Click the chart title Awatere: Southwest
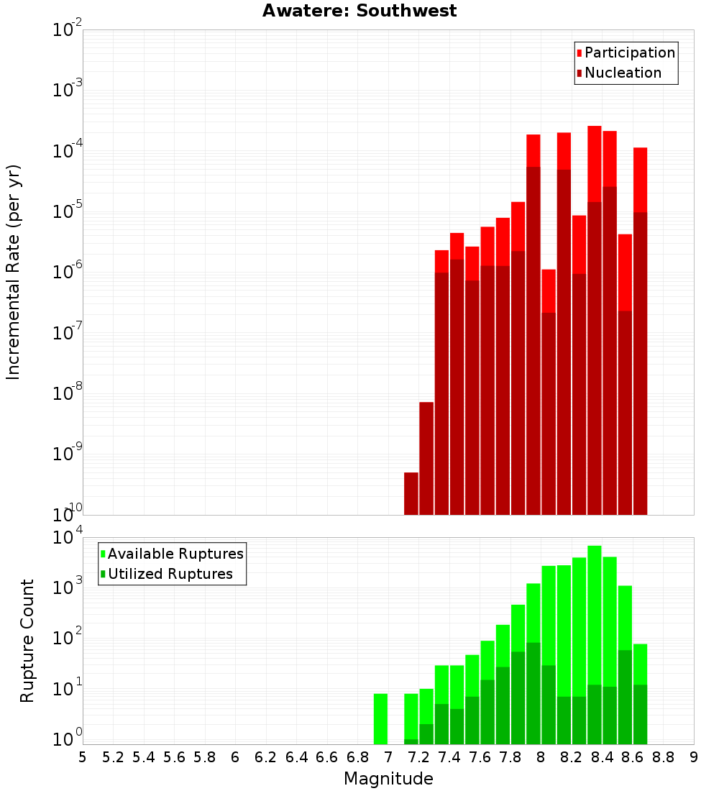(x=359, y=11)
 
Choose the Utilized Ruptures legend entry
(x=170, y=574)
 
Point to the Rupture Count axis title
(x=27, y=640)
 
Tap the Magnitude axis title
(x=388, y=779)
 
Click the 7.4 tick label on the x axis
(x=449, y=757)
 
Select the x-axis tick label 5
(x=83, y=757)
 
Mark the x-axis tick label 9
(x=694, y=757)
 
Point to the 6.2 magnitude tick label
(x=266, y=757)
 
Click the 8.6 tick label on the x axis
(x=633, y=757)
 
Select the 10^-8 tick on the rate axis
(x=66, y=393)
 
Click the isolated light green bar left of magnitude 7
(x=380, y=718)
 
